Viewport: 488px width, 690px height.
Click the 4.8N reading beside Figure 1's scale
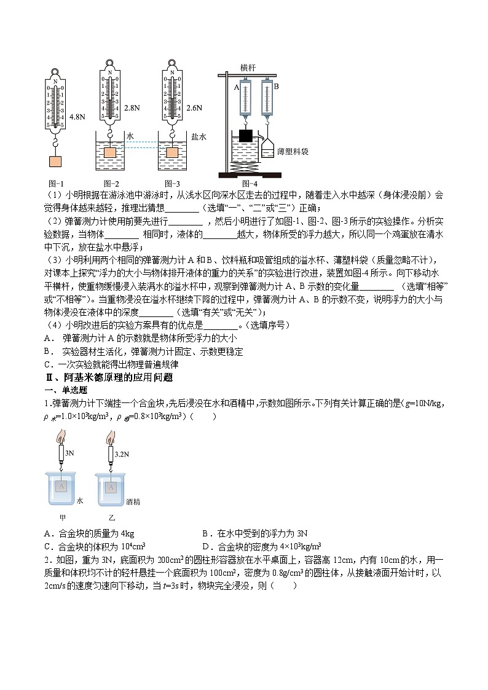[x=77, y=116]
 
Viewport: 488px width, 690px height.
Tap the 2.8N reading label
[x=132, y=108]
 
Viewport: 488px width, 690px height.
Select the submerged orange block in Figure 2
[x=111, y=152]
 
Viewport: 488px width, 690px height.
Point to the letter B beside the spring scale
[x=276, y=87]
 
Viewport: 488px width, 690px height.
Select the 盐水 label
[x=199, y=137]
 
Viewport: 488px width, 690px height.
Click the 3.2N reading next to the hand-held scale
[x=123, y=455]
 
